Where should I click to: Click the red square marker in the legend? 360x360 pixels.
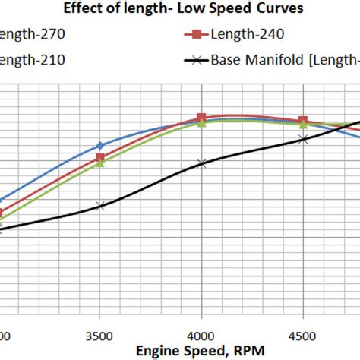[x=196, y=34]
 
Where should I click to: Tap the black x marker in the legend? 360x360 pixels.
[x=196, y=60]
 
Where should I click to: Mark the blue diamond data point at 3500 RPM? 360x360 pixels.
[x=99, y=145]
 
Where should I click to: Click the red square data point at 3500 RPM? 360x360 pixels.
[x=99, y=158]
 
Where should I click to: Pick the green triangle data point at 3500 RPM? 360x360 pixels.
[x=99, y=163]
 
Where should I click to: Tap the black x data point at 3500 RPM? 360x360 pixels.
[x=99, y=205]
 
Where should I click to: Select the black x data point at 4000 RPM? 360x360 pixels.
[x=201, y=163]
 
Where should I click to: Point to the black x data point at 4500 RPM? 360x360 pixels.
[x=303, y=139]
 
